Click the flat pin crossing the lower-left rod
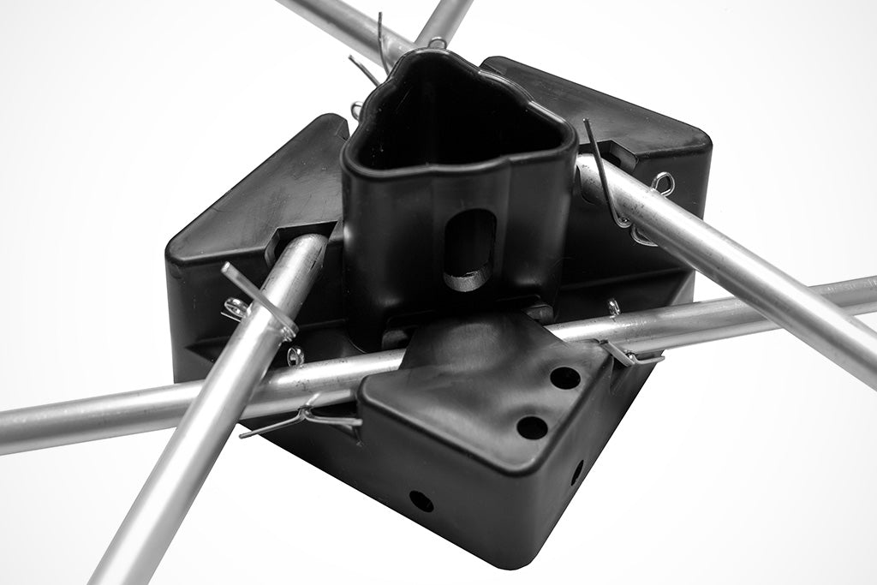coord(258,300)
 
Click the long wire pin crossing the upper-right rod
coord(604,171)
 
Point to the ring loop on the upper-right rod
coord(661,182)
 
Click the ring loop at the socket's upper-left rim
coord(356,110)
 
